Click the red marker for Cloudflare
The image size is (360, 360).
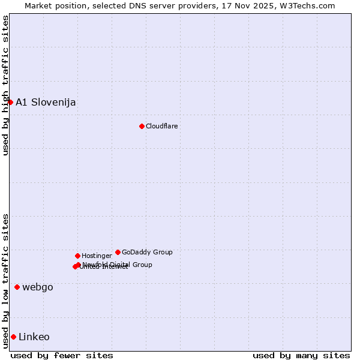coord(142,126)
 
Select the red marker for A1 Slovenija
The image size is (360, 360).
coord(10,102)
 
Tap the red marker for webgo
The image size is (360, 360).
coord(17,287)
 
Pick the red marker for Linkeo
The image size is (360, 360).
coord(13,337)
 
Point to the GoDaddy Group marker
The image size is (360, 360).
coord(118,252)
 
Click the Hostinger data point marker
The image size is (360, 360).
coord(77,256)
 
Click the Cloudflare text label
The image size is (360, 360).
coord(161,126)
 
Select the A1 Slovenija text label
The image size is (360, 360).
coord(46,102)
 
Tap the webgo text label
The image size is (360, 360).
coord(38,287)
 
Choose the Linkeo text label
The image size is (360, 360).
coord(34,337)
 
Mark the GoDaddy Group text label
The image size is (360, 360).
coord(147,252)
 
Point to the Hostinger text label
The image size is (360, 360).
coord(97,256)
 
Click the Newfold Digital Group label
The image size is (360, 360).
coord(118,264)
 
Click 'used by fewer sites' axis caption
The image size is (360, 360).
coord(62,355)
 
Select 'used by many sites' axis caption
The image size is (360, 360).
coord(301,355)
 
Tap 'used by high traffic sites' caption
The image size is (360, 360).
coord(5,85)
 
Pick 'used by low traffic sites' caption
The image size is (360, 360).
coord(5,281)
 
